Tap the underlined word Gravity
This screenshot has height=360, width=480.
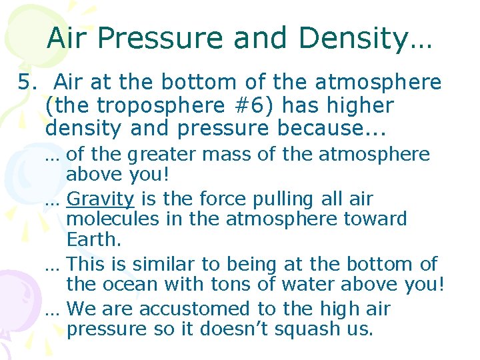tap(101, 199)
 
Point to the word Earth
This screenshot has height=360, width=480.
tap(93, 239)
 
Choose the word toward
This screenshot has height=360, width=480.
tap(377, 219)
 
